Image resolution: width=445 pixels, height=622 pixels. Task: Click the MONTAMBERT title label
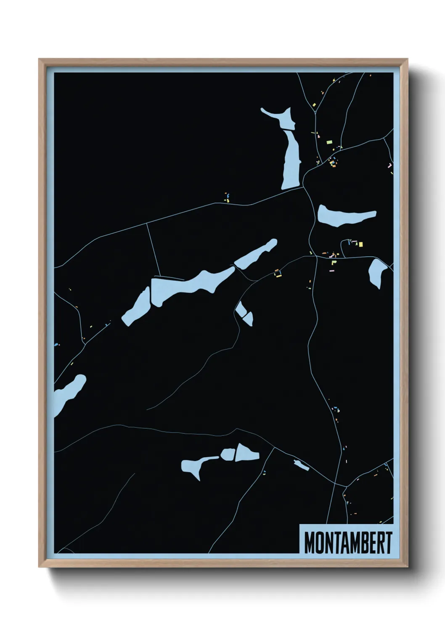[x=347, y=543]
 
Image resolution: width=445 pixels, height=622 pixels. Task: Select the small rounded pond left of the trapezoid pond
[x=228, y=454]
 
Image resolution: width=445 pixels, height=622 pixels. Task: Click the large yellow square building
[x=360, y=244]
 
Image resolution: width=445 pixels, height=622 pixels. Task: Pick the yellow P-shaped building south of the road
[x=334, y=262]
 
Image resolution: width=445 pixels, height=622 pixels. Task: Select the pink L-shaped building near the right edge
[x=390, y=166]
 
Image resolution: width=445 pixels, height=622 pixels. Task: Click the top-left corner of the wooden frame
[x=39, y=60]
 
